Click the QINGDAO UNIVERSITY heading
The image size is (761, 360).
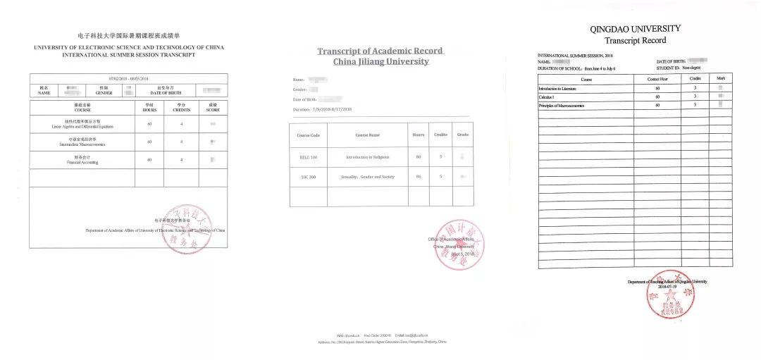point(636,29)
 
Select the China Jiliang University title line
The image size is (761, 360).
point(380,61)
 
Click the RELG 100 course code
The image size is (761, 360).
point(308,157)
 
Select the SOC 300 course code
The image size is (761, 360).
point(308,177)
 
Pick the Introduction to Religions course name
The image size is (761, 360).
point(367,157)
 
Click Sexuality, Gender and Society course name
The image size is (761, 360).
point(367,177)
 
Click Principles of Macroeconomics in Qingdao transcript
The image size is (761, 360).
point(562,105)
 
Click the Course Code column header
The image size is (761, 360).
point(308,135)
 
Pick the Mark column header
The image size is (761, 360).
point(720,79)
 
